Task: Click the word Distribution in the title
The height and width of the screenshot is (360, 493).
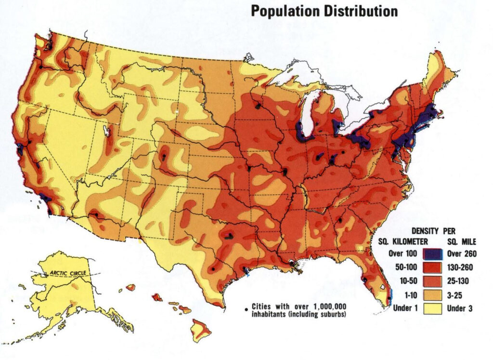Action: click(356, 11)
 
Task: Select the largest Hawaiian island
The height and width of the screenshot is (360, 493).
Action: click(200, 329)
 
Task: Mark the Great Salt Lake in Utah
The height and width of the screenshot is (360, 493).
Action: click(106, 131)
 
